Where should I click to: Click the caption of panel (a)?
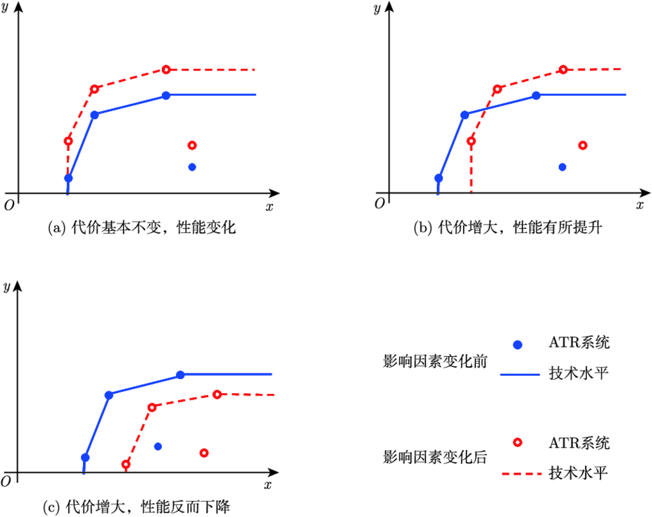(x=142, y=228)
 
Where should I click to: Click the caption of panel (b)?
(x=507, y=228)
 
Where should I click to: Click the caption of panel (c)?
(x=136, y=507)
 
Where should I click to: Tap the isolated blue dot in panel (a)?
(x=191, y=167)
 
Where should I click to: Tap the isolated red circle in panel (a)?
(x=191, y=145)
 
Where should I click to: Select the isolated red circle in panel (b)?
(x=583, y=145)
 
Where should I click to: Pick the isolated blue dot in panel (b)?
(x=562, y=167)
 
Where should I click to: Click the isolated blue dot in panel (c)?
(x=158, y=446)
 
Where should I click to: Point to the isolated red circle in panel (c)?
(x=204, y=453)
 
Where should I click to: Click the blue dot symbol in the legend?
(x=518, y=344)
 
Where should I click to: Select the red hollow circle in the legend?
(x=518, y=442)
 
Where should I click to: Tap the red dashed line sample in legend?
(x=518, y=474)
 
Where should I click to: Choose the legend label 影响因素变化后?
(x=434, y=458)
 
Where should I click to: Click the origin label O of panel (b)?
(x=379, y=203)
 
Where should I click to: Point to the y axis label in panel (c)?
(x=6, y=286)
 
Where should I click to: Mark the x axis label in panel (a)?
(x=269, y=206)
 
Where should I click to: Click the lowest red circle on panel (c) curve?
(x=126, y=464)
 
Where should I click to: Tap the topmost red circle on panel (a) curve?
(x=166, y=69)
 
